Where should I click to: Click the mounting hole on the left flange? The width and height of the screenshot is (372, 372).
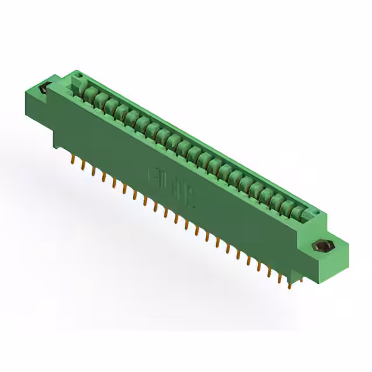click(x=43, y=91)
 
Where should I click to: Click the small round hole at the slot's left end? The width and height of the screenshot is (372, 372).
click(x=77, y=78)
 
